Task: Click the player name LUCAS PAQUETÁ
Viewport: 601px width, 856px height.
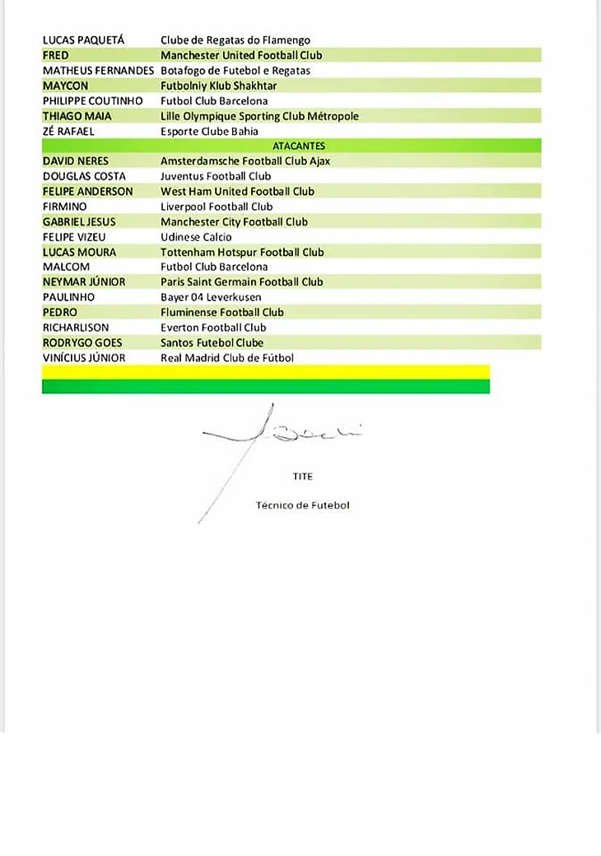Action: tap(84, 40)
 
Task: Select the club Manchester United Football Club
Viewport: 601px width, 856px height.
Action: tap(241, 55)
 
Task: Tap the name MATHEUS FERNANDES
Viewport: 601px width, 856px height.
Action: tap(98, 70)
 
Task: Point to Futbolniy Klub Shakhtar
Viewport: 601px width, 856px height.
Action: tap(218, 86)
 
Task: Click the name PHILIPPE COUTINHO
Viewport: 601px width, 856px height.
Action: tap(93, 100)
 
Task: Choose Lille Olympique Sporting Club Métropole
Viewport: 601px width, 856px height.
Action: tap(259, 116)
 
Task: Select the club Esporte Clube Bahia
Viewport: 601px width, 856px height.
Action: tap(209, 131)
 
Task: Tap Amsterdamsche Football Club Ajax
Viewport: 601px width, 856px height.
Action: tap(245, 161)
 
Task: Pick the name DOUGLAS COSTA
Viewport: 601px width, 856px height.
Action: tap(84, 176)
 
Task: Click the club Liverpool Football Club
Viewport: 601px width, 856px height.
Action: tap(216, 207)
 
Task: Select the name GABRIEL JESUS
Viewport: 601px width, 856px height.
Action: tap(79, 221)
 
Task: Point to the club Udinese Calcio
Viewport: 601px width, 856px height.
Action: tap(196, 237)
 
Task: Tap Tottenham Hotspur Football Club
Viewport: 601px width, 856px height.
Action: tap(242, 252)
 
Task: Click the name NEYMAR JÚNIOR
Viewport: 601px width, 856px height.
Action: tap(84, 281)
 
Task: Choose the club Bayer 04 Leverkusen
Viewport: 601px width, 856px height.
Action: tap(210, 297)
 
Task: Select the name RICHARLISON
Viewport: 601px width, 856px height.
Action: tap(76, 328)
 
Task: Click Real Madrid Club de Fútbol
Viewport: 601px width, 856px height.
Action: tap(226, 358)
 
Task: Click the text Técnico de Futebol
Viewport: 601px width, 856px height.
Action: tap(302, 505)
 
